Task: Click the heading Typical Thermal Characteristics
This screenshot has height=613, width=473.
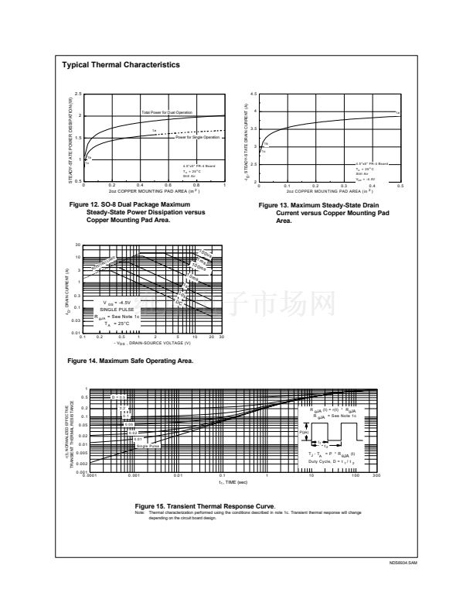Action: coord(121,65)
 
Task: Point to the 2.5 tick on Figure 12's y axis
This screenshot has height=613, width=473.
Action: coord(78,94)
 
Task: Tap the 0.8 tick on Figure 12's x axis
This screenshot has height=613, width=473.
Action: coord(196,186)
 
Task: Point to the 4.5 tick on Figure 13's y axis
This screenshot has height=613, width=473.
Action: coord(254,94)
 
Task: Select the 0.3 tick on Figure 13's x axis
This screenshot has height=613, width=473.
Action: coord(343,186)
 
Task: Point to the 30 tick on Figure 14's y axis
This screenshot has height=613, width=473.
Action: coord(78,245)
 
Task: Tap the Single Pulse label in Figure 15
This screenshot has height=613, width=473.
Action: coord(148,446)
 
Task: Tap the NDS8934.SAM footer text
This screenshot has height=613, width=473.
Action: coord(403,563)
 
